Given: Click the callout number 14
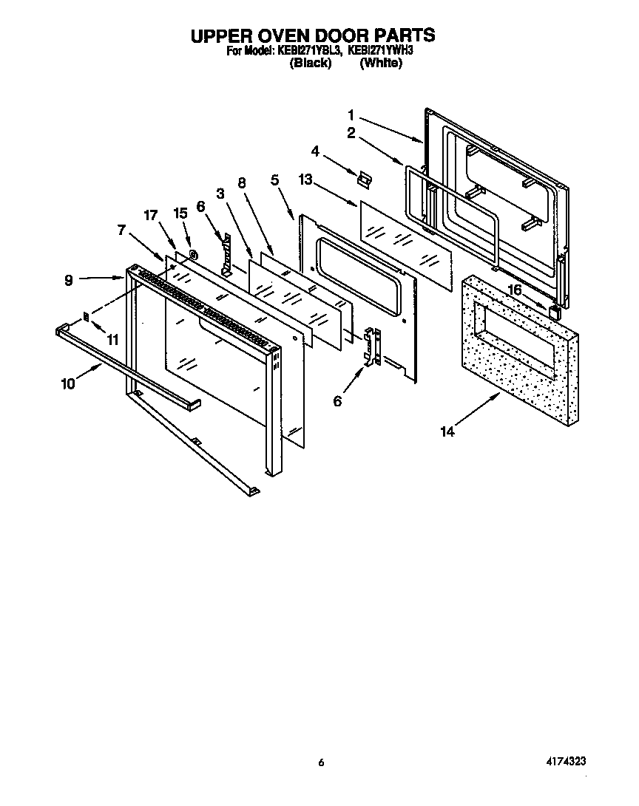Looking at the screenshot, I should coord(447,432).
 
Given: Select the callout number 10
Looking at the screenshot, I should coord(67,383).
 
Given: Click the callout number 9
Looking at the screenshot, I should coord(68,280).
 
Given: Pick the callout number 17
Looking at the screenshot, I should coord(152,216).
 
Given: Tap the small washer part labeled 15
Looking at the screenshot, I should coord(192,255).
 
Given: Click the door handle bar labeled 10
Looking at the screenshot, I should coord(126,366).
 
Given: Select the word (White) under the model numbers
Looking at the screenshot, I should coord(381,64).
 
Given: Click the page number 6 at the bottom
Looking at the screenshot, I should coord(320,762).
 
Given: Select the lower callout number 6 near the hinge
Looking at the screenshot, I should coord(337,401).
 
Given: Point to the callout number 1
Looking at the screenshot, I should coord(352,115).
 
